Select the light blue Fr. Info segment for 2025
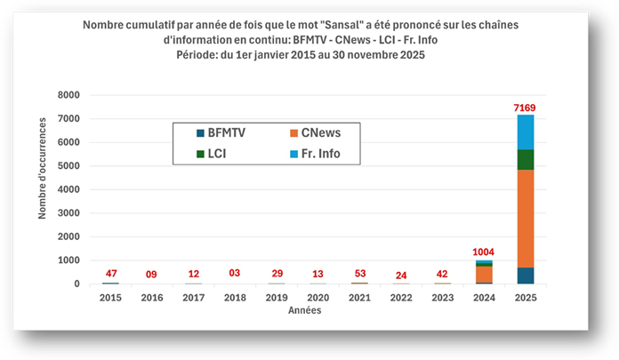tap(525, 132)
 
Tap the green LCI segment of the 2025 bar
tap(525, 159)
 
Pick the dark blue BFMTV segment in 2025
tap(525, 276)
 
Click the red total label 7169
tap(525, 108)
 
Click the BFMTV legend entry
tap(221, 132)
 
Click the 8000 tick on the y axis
tap(68, 95)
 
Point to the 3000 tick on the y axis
tap(68, 213)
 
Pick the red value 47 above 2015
tap(110, 274)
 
